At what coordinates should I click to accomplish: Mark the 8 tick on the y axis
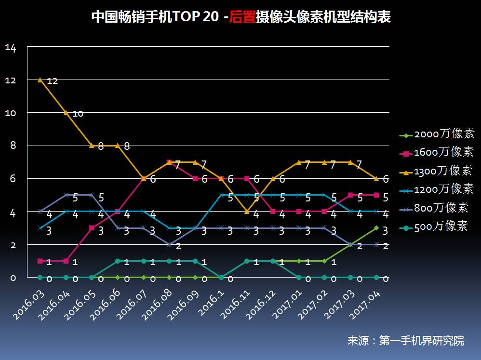tap(13, 146)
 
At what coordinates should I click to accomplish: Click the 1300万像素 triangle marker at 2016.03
tap(40, 80)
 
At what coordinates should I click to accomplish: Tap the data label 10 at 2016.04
tap(78, 114)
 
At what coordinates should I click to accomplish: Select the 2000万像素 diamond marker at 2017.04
tap(376, 228)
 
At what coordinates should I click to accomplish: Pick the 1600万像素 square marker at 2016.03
tap(40, 261)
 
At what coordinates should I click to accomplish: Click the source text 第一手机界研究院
tap(422, 341)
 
